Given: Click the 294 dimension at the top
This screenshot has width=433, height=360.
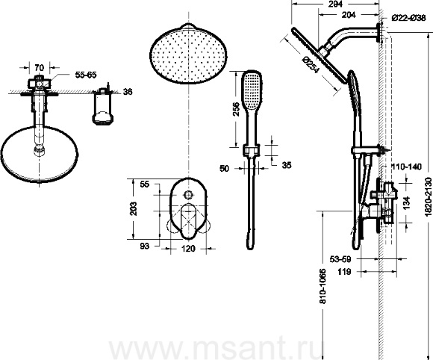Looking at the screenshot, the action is tap(336, 4).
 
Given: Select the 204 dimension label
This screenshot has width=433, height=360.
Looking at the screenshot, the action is tap(349, 15).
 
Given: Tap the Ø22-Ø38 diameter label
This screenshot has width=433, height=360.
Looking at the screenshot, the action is tap(408, 19).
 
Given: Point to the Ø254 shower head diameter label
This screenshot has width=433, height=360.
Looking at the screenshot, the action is tap(311, 65).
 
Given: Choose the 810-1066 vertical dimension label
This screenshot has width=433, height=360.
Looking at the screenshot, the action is tap(323, 286).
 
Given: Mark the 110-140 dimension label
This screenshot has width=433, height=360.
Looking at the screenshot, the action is tap(406, 167).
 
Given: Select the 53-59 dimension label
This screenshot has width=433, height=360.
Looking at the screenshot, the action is tap(340, 259).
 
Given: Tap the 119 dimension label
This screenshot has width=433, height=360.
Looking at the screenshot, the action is tap(344, 272).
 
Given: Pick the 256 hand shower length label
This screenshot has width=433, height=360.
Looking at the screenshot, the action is tap(236, 109).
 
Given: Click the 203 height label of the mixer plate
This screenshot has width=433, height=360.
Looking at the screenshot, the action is tap(133, 208).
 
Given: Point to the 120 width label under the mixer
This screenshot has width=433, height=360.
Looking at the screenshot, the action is tap(189, 249).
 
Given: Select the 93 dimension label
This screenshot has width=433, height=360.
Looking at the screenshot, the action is tap(144, 246).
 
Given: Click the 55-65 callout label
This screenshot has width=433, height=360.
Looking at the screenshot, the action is tap(86, 75).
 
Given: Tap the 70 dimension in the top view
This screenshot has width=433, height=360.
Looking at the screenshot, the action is tap(40, 67).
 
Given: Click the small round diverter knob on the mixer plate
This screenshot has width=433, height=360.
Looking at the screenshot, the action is tap(189, 194).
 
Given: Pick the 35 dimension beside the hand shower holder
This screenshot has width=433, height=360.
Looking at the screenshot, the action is tap(287, 165).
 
